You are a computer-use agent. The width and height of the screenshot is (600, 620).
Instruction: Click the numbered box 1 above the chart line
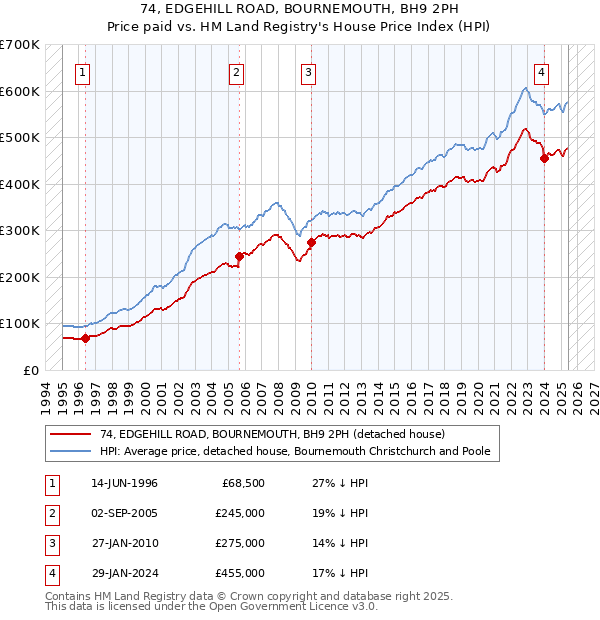click(81, 72)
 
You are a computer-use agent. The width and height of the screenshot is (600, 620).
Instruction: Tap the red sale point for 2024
click(544, 157)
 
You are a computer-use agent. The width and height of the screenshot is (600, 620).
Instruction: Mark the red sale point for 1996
click(86, 338)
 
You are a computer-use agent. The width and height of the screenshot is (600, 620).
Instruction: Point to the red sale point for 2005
click(240, 256)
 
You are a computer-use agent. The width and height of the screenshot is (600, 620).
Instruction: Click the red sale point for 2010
click(312, 242)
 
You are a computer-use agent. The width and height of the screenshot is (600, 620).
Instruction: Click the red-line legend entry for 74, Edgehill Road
click(264, 434)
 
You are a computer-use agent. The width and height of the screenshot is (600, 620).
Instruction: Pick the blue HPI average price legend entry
click(294, 452)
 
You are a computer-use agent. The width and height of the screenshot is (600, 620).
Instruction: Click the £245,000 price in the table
click(240, 513)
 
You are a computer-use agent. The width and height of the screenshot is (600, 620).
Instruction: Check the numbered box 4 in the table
click(51, 573)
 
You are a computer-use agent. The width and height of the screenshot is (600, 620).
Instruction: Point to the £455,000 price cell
click(240, 573)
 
